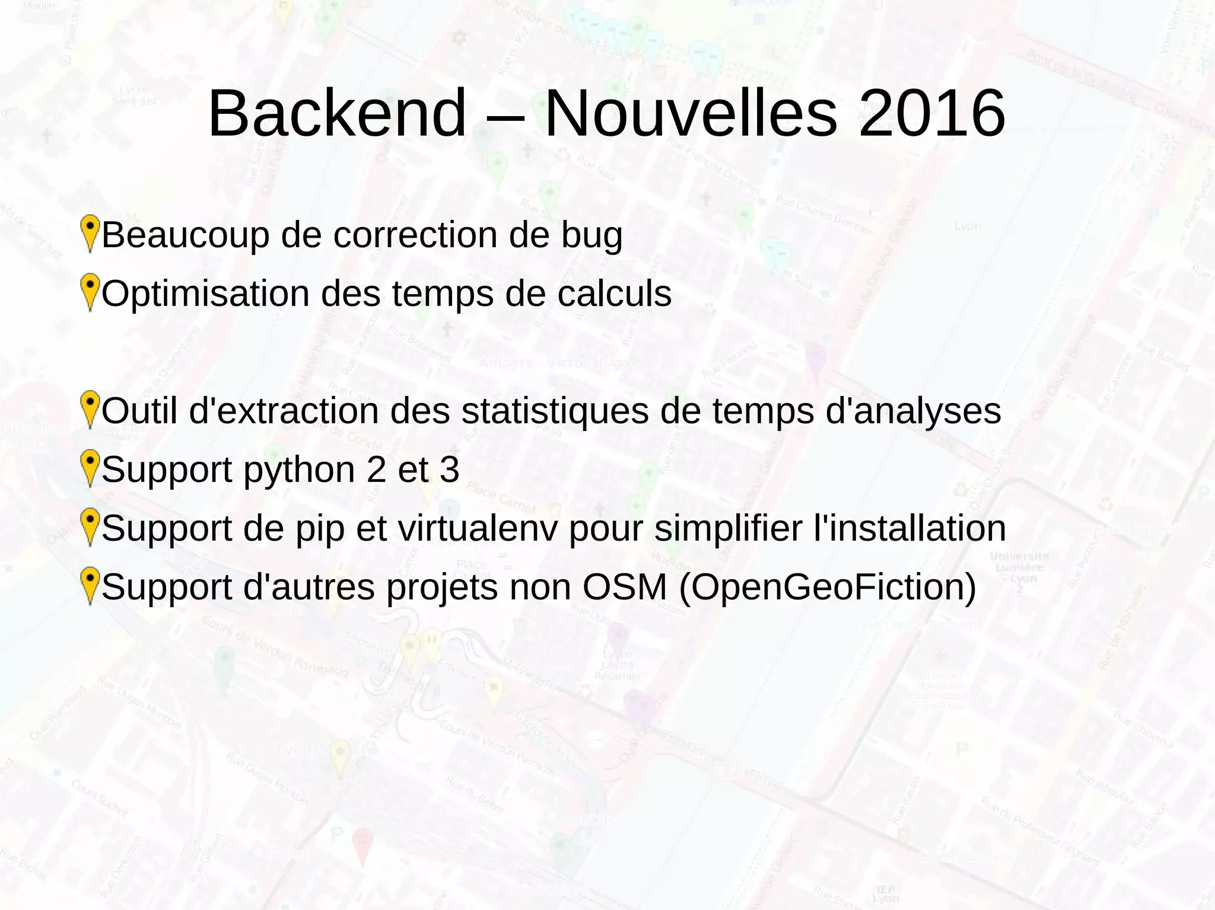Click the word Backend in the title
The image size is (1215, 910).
click(337, 113)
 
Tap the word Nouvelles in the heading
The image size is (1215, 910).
click(691, 113)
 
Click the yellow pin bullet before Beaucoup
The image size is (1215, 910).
click(90, 233)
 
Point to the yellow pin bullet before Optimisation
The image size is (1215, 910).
click(90, 292)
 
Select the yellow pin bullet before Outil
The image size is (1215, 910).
click(90, 409)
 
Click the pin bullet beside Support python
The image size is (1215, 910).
click(90, 468)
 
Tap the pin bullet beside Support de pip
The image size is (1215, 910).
click(90, 526)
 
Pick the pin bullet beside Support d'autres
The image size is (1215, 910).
click(90, 585)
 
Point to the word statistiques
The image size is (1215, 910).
click(555, 411)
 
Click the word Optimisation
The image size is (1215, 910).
click(205, 295)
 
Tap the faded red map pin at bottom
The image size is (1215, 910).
click(362, 845)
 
